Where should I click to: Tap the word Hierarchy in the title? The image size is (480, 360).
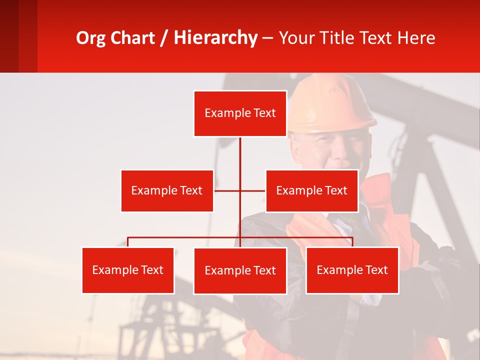[x=215, y=38]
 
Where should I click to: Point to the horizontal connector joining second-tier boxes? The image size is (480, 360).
[x=252, y=190]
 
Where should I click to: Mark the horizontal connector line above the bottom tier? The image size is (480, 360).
[x=185, y=237]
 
